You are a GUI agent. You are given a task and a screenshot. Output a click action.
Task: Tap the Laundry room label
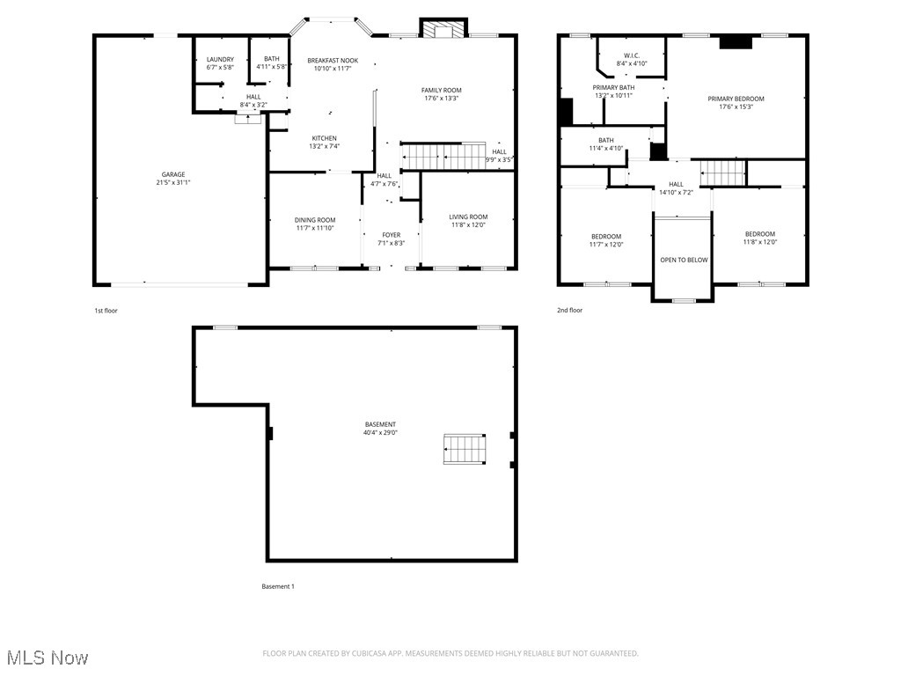coord(220,59)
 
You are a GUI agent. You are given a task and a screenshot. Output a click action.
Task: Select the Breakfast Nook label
coord(333,60)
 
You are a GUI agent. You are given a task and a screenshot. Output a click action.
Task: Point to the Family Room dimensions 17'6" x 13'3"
coord(441,99)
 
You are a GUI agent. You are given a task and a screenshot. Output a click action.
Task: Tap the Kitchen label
coord(324,138)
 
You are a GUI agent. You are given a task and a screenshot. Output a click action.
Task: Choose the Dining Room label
coord(315,220)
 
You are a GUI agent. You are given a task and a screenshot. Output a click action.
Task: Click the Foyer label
coord(392,235)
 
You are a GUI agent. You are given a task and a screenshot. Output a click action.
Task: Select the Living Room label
coord(468,217)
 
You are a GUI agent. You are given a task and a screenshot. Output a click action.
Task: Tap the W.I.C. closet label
coord(631,55)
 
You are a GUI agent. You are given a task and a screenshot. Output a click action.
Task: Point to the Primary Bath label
coord(613,87)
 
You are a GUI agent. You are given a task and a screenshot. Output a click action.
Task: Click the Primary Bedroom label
coord(736,99)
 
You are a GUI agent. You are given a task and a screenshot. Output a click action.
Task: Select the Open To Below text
coord(684,260)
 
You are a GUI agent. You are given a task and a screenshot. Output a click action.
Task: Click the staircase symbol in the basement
coord(464,449)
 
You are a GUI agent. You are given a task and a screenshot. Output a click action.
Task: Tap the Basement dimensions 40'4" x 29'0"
coord(380,433)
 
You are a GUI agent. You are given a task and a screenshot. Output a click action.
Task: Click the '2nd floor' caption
coord(569,310)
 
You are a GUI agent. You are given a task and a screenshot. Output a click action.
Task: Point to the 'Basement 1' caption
coord(278,586)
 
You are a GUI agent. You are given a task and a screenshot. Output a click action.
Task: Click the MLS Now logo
coord(47,658)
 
